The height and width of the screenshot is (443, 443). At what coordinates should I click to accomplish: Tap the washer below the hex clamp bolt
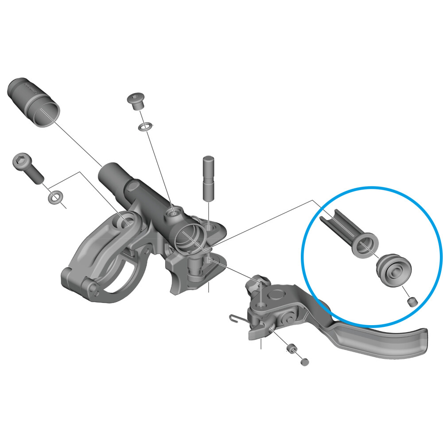pos(55,196)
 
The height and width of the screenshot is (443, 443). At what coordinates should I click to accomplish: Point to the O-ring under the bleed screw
pos(145,127)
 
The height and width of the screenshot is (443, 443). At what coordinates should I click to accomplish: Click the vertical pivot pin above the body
pos(209,177)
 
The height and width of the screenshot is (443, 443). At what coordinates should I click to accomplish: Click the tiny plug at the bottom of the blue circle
pos(412,303)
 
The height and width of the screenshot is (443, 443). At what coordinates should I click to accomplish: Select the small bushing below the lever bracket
pos(291,350)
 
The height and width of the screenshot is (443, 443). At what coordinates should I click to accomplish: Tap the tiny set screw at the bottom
pos(304,362)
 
